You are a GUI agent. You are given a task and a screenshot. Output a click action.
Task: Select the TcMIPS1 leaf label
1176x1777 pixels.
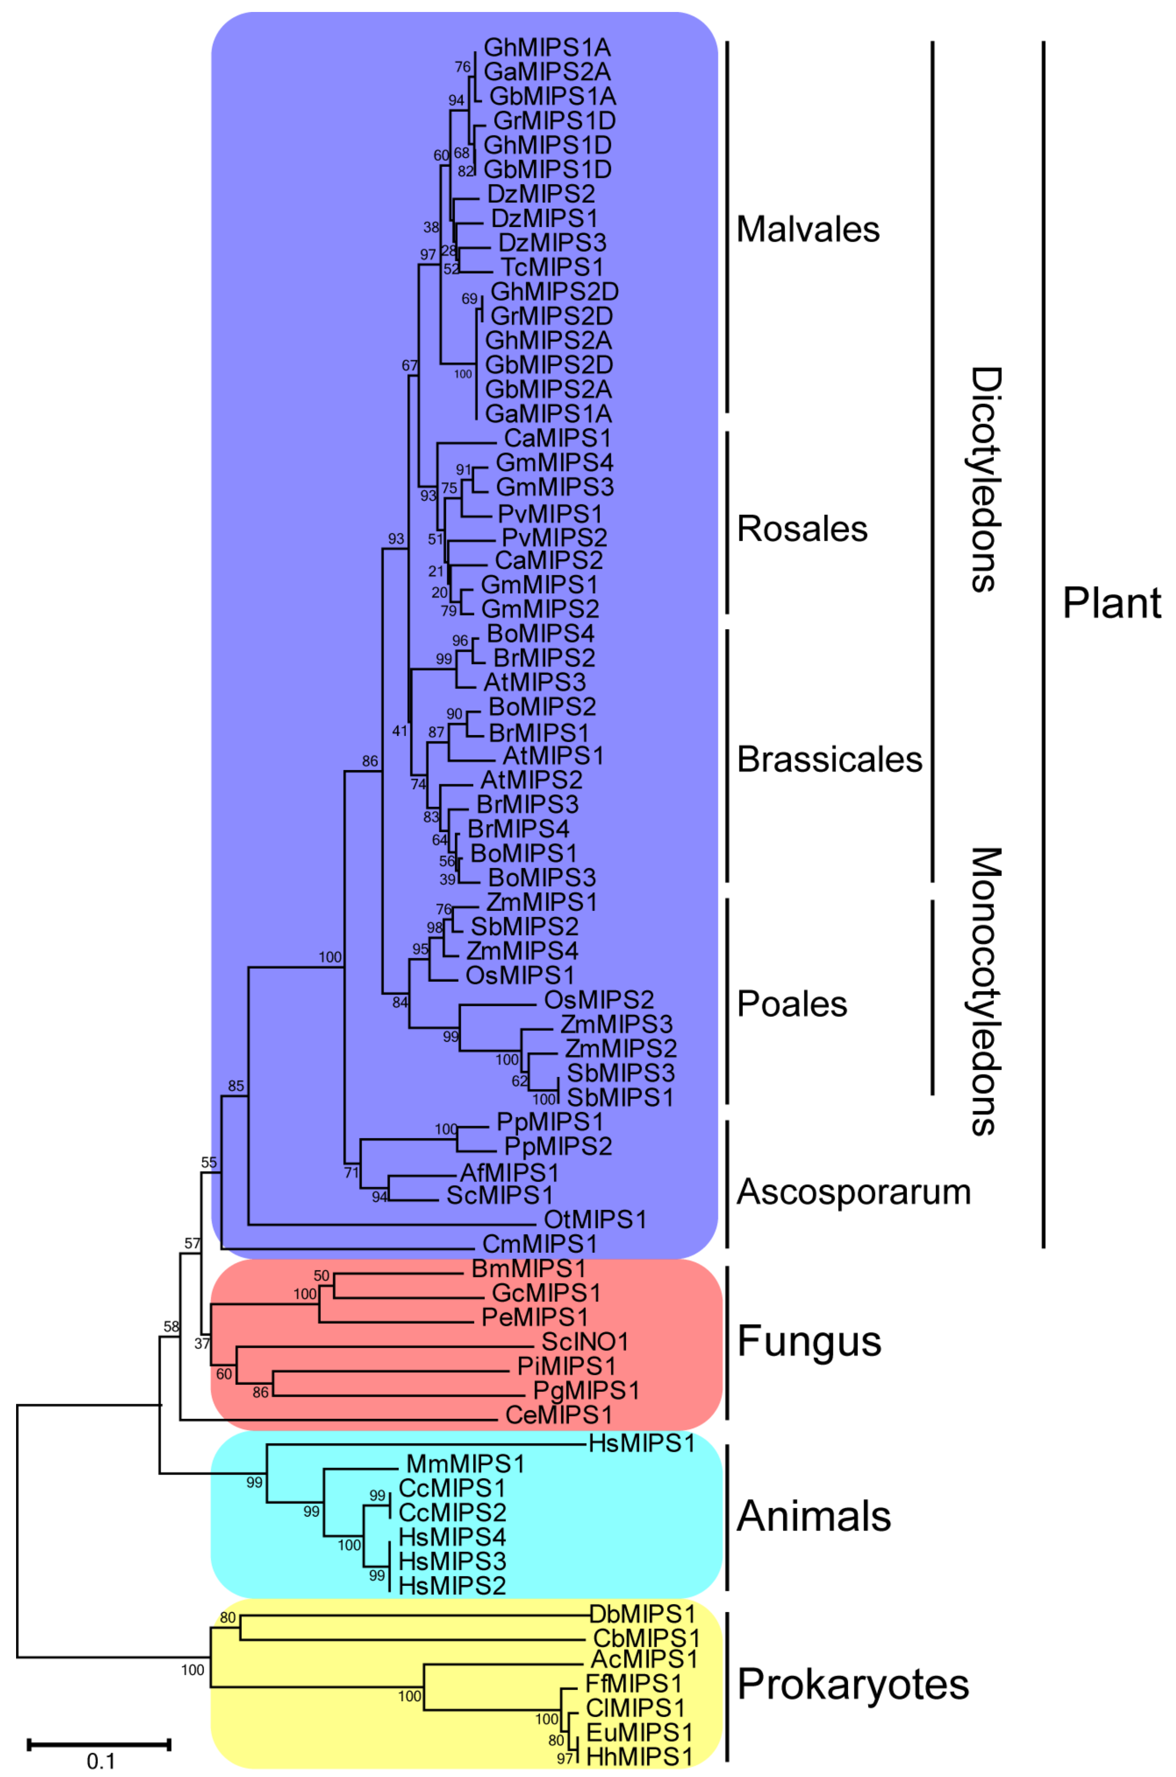(551, 267)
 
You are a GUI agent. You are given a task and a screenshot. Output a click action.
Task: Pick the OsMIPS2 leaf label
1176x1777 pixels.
(599, 999)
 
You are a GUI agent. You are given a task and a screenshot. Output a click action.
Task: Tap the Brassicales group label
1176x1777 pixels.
(829, 759)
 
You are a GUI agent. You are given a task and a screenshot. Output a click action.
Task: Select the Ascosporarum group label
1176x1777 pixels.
(854, 1192)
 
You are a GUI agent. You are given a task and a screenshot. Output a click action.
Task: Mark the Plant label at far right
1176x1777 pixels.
(1112, 603)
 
